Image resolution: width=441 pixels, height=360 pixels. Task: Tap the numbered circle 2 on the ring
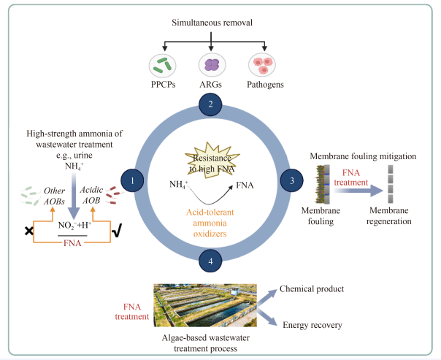tap(210, 104)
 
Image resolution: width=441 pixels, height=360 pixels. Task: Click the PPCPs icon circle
tap(164, 66)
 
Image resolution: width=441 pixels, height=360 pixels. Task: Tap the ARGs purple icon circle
tap(211, 66)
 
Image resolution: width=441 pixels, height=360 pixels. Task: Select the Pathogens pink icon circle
tap(262, 66)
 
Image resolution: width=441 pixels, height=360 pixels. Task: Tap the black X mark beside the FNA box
tap(29, 231)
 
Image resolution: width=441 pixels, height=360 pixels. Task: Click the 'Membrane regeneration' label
tap(390, 215)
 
